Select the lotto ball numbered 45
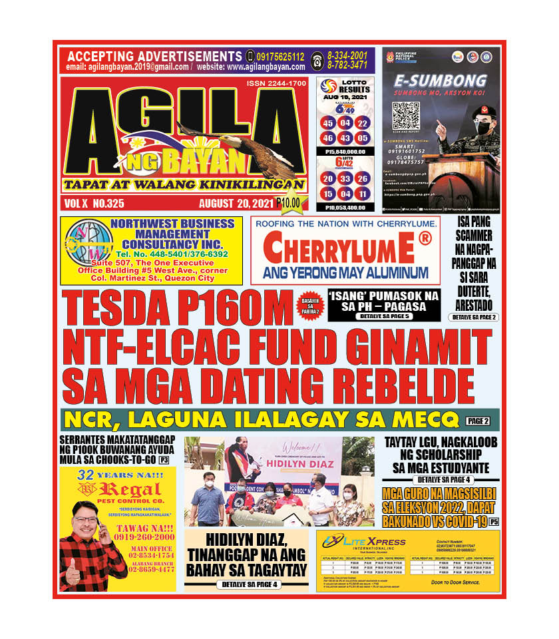click(327, 123)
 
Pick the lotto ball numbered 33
click(345, 178)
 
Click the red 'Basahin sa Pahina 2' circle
click(310, 305)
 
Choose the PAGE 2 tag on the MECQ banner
click(478, 421)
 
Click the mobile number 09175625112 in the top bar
click(279, 57)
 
